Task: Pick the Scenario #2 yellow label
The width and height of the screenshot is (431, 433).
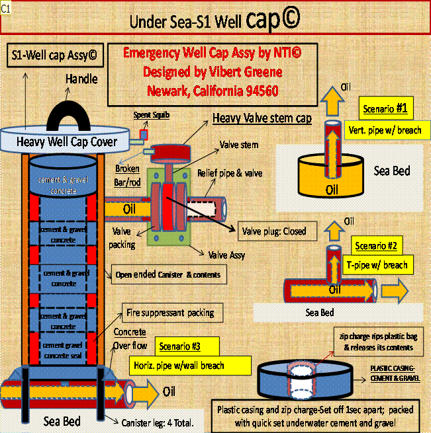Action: click(375, 246)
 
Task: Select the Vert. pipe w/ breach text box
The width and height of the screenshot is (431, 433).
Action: click(384, 130)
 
